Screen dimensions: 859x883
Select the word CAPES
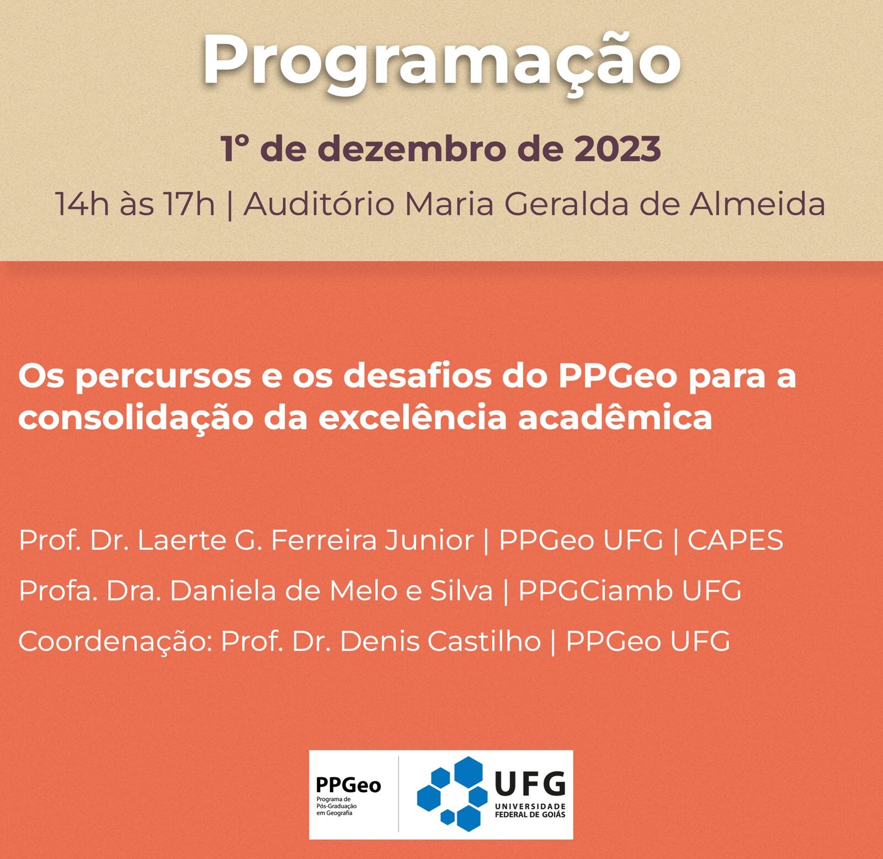[x=735, y=540]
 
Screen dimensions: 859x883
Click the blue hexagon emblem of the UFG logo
[x=451, y=794]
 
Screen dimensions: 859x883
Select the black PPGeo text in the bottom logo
[x=348, y=785]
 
